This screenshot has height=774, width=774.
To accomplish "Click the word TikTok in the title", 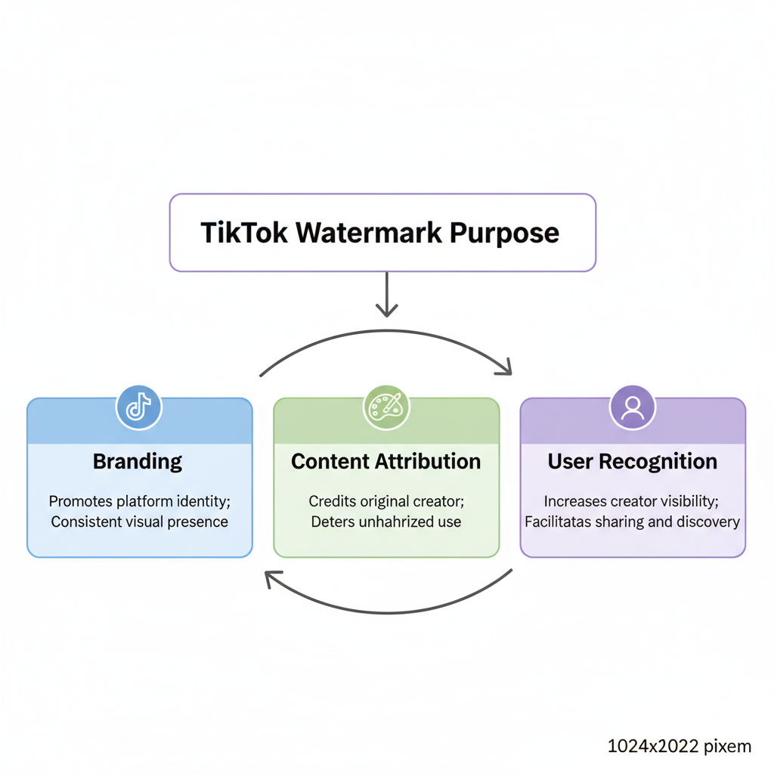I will [x=245, y=233].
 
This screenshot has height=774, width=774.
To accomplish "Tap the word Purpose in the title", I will [x=505, y=233].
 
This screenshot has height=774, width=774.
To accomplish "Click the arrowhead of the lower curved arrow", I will [x=271, y=580].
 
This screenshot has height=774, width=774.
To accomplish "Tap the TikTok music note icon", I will [x=138, y=407].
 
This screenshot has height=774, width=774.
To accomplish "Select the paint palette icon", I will [x=386, y=407].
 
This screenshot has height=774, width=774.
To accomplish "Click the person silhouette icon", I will [x=633, y=407].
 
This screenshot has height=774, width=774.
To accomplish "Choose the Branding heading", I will [x=138, y=461].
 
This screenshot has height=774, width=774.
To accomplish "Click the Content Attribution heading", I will [x=385, y=461].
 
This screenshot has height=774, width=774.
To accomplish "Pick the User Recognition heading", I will [x=633, y=461].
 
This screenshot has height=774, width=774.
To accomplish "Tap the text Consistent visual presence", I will [x=139, y=522].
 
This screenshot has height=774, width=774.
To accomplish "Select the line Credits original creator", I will [x=385, y=501].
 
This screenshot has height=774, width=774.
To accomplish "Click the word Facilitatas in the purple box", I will [x=558, y=522].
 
